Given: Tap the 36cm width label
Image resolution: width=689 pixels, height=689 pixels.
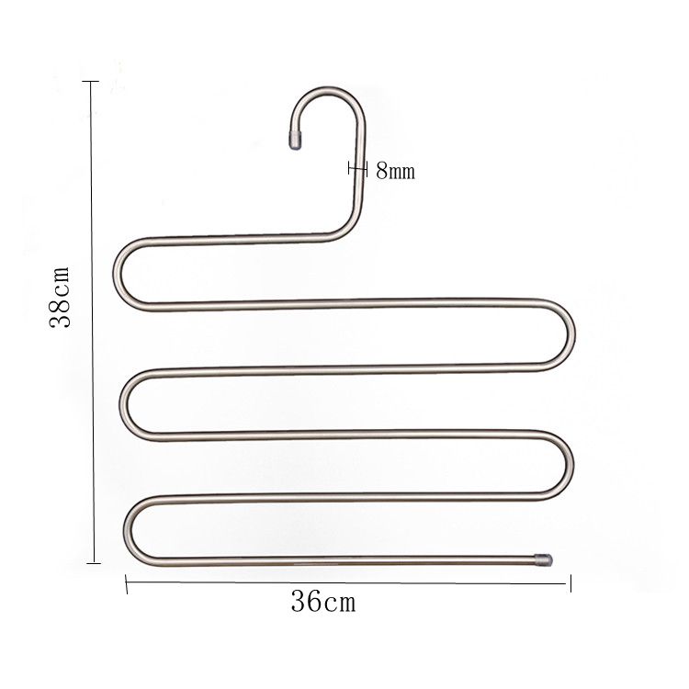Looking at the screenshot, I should tap(322, 604).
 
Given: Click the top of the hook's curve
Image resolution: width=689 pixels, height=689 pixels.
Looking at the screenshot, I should tap(329, 90).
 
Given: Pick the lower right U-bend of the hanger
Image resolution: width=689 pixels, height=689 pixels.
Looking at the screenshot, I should tap(570, 464).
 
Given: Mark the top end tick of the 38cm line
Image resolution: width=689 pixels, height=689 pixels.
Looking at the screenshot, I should tap(90, 82).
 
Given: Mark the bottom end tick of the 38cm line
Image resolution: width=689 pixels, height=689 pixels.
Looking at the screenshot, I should tap(90, 563).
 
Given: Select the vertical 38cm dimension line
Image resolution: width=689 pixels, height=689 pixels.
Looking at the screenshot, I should tap(90, 413).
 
